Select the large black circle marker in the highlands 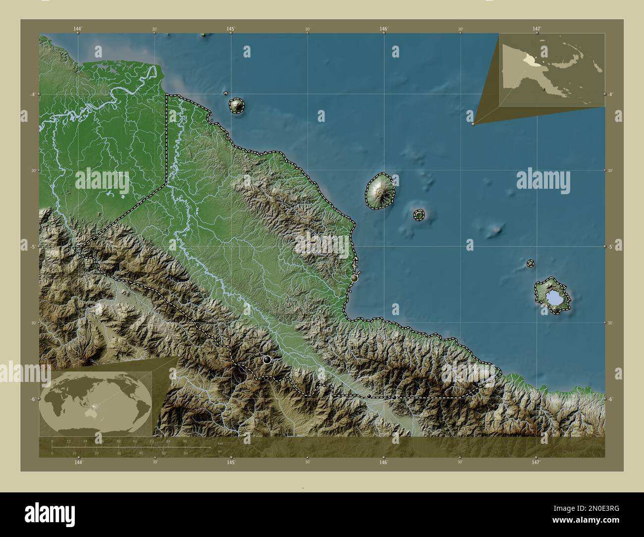click(268, 360)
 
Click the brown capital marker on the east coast click(354, 279)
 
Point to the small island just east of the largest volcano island click(419, 215)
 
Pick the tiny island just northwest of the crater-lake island click(531, 264)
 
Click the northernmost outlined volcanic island click(236, 105)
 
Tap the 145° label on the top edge click(230, 29)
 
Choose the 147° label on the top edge click(537, 29)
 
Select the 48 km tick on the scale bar click(118, 440)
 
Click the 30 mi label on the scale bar click(118, 453)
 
